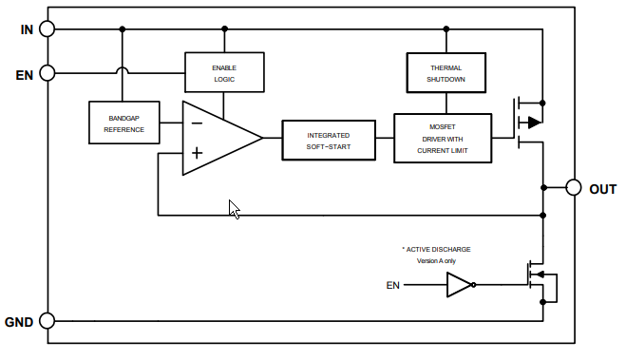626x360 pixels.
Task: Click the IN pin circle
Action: pyautogui.click(x=47, y=28)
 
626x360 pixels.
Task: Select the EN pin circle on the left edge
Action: pyautogui.click(x=47, y=72)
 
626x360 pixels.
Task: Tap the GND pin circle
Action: pyautogui.click(x=47, y=322)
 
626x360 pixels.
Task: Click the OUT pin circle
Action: pyautogui.click(x=573, y=187)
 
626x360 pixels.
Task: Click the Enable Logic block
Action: pyautogui.click(x=224, y=73)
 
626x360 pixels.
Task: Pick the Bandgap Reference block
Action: pyautogui.click(x=123, y=123)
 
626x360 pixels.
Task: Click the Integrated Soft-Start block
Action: pyautogui.click(x=328, y=141)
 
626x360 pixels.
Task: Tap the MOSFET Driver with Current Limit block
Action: pyautogui.click(x=443, y=139)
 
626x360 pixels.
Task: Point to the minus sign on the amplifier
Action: pyautogui.click(x=196, y=123)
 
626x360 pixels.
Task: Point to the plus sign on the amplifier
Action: pyautogui.click(x=196, y=153)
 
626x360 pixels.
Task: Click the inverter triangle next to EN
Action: pyautogui.click(x=459, y=285)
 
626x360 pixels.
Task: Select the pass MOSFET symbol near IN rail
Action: pyautogui.click(x=527, y=122)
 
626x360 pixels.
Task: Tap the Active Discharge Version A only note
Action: pyautogui.click(x=435, y=255)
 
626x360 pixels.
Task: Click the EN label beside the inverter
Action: pyautogui.click(x=393, y=285)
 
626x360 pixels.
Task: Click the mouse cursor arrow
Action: pyautogui.click(x=234, y=209)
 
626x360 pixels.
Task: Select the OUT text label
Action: pyautogui.click(x=603, y=189)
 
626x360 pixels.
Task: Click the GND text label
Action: pyautogui.click(x=19, y=323)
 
